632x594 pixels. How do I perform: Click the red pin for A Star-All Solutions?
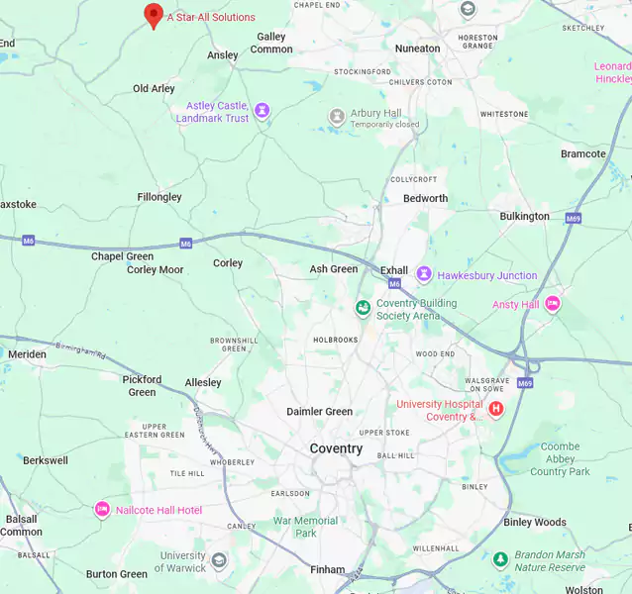point(154,15)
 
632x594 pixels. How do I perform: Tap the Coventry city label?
point(336,448)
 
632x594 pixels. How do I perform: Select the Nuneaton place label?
point(417,49)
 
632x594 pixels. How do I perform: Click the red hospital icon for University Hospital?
point(496,409)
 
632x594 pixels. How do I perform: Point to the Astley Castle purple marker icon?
point(262,111)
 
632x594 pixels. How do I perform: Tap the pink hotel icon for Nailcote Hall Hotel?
point(102,509)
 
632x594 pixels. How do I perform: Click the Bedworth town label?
point(425,198)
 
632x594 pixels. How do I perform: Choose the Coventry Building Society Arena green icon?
point(364,308)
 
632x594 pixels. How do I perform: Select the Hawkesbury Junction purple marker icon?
point(423,274)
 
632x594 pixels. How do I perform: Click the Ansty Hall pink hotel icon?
point(553,304)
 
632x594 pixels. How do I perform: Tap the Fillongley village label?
point(159,197)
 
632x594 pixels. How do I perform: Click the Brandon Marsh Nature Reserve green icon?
point(501,560)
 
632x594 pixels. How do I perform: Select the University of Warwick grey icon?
point(219,560)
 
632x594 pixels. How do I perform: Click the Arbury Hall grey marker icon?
point(337,117)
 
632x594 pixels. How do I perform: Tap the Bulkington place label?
point(524,216)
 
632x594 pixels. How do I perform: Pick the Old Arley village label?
point(154,88)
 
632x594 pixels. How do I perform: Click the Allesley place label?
point(203,382)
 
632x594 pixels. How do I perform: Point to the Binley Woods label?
point(535,522)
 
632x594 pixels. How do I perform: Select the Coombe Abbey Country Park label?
point(560,458)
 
